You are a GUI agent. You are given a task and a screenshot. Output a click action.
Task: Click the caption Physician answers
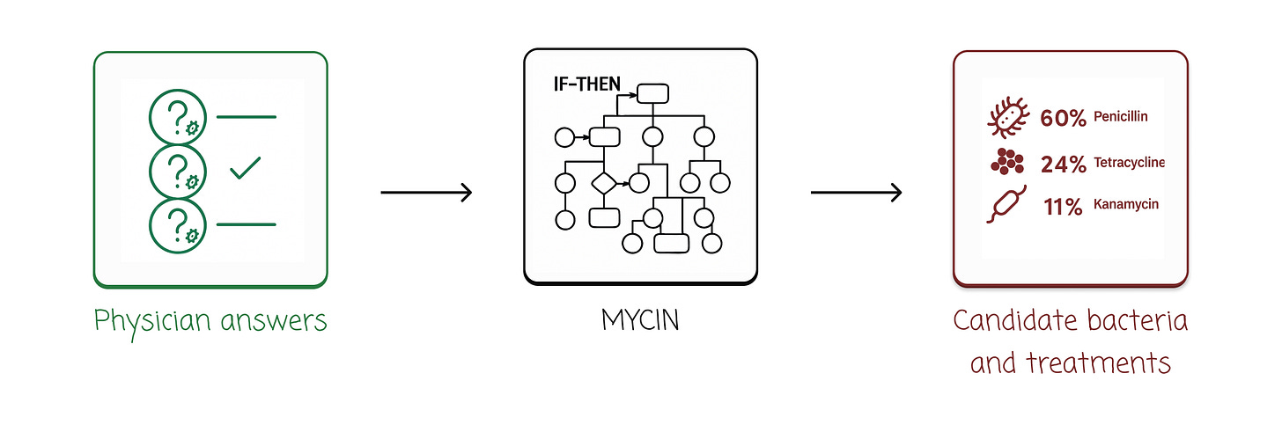(210, 321)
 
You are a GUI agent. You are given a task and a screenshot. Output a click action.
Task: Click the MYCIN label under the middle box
(640, 320)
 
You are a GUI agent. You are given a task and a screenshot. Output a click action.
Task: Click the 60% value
(1063, 118)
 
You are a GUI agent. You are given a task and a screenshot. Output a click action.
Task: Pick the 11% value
(1063, 207)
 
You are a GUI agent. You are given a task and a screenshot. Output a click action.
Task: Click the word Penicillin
(1121, 116)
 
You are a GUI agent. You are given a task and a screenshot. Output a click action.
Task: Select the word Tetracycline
(1130, 163)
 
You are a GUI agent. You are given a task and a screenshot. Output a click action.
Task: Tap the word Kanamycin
(1126, 204)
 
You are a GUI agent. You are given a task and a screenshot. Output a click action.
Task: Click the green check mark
(245, 168)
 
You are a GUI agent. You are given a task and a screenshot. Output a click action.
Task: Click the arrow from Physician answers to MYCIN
(426, 192)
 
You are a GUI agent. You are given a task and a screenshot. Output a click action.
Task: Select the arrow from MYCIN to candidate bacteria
(856, 192)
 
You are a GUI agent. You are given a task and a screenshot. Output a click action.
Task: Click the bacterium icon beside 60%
(1007, 119)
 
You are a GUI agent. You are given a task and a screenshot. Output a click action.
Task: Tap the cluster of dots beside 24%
(1007, 162)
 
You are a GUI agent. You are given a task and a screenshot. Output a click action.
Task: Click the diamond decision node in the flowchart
(604, 183)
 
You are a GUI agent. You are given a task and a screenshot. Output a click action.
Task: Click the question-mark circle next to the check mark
(178, 167)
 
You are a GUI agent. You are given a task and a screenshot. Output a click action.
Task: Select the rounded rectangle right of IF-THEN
(653, 93)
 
